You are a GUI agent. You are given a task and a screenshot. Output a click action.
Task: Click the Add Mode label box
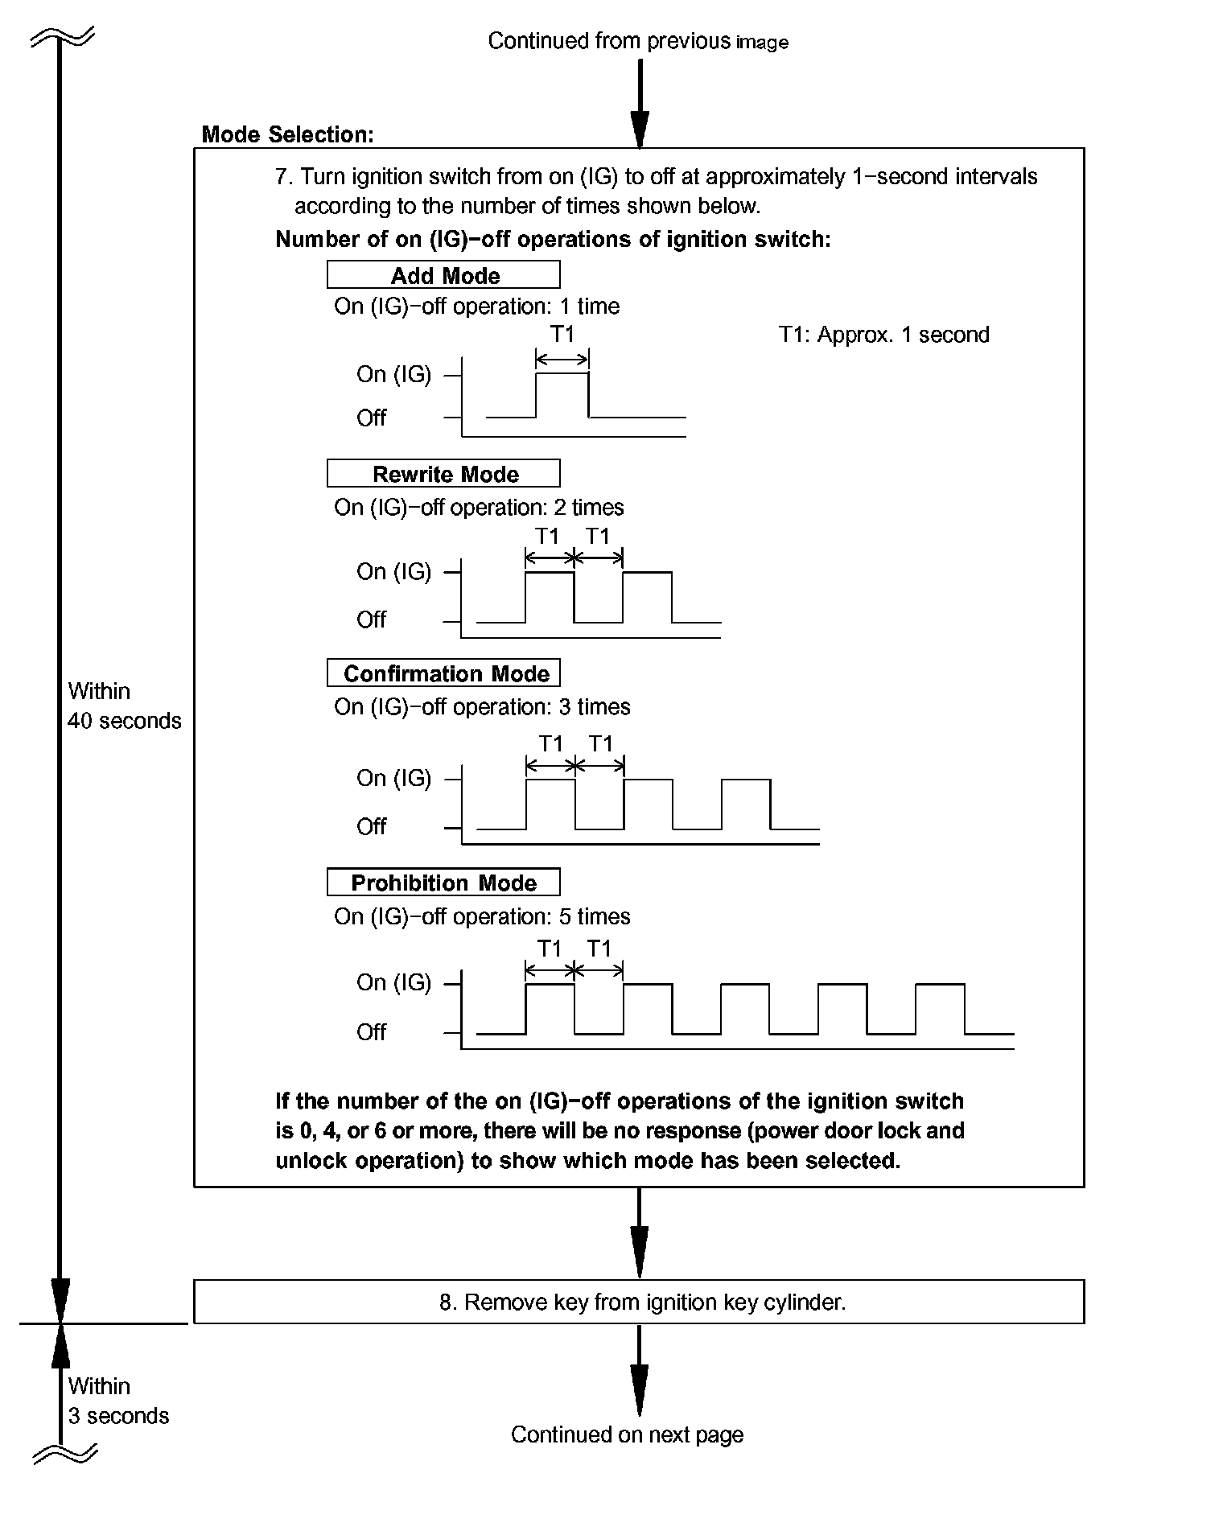point(443,275)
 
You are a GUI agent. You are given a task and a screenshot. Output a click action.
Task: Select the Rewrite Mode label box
point(443,474)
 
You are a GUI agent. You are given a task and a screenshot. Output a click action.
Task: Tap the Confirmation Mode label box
point(443,673)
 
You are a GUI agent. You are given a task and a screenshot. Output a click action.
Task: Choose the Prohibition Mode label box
point(443,883)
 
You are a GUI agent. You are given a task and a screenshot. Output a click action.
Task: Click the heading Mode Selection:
point(287,134)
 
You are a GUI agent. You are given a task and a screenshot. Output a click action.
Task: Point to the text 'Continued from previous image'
point(637,41)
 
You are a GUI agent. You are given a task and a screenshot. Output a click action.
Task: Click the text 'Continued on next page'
point(627,1434)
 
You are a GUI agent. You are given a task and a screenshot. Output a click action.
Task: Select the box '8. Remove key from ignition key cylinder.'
point(639,1302)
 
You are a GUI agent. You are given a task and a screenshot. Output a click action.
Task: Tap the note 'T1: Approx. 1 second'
point(883,335)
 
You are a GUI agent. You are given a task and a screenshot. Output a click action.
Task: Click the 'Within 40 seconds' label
point(124,706)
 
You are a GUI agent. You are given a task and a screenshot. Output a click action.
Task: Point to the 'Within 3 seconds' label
point(118,1401)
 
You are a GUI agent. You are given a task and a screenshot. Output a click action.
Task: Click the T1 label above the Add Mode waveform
point(562,333)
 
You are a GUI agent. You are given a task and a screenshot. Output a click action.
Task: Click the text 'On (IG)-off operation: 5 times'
point(482,916)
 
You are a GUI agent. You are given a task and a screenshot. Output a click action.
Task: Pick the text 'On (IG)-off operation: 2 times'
point(479,508)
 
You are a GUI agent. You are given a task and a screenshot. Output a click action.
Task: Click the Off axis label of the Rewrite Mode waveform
point(371,619)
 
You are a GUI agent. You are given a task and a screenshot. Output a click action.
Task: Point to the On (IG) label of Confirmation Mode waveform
point(393,778)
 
